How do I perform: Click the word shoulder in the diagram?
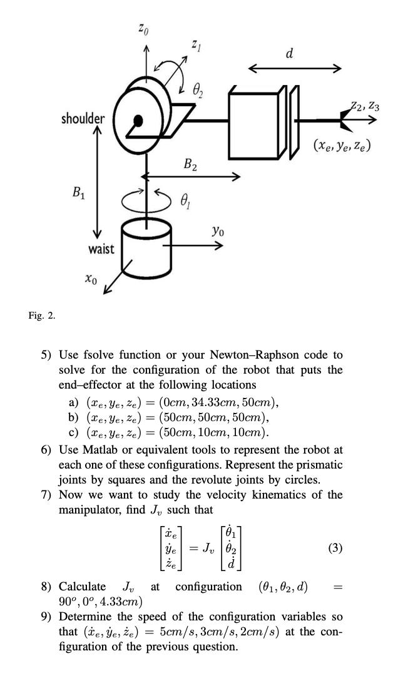(x=83, y=117)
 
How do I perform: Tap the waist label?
(x=101, y=249)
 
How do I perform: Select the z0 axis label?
(x=143, y=27)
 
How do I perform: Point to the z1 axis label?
(x=197, y=46)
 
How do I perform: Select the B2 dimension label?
(x=191, y=164)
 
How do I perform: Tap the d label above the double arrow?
(x=289, y=53)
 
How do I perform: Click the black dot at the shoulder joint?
(x=138, y=119)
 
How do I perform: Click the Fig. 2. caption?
(x=43, y=315)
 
